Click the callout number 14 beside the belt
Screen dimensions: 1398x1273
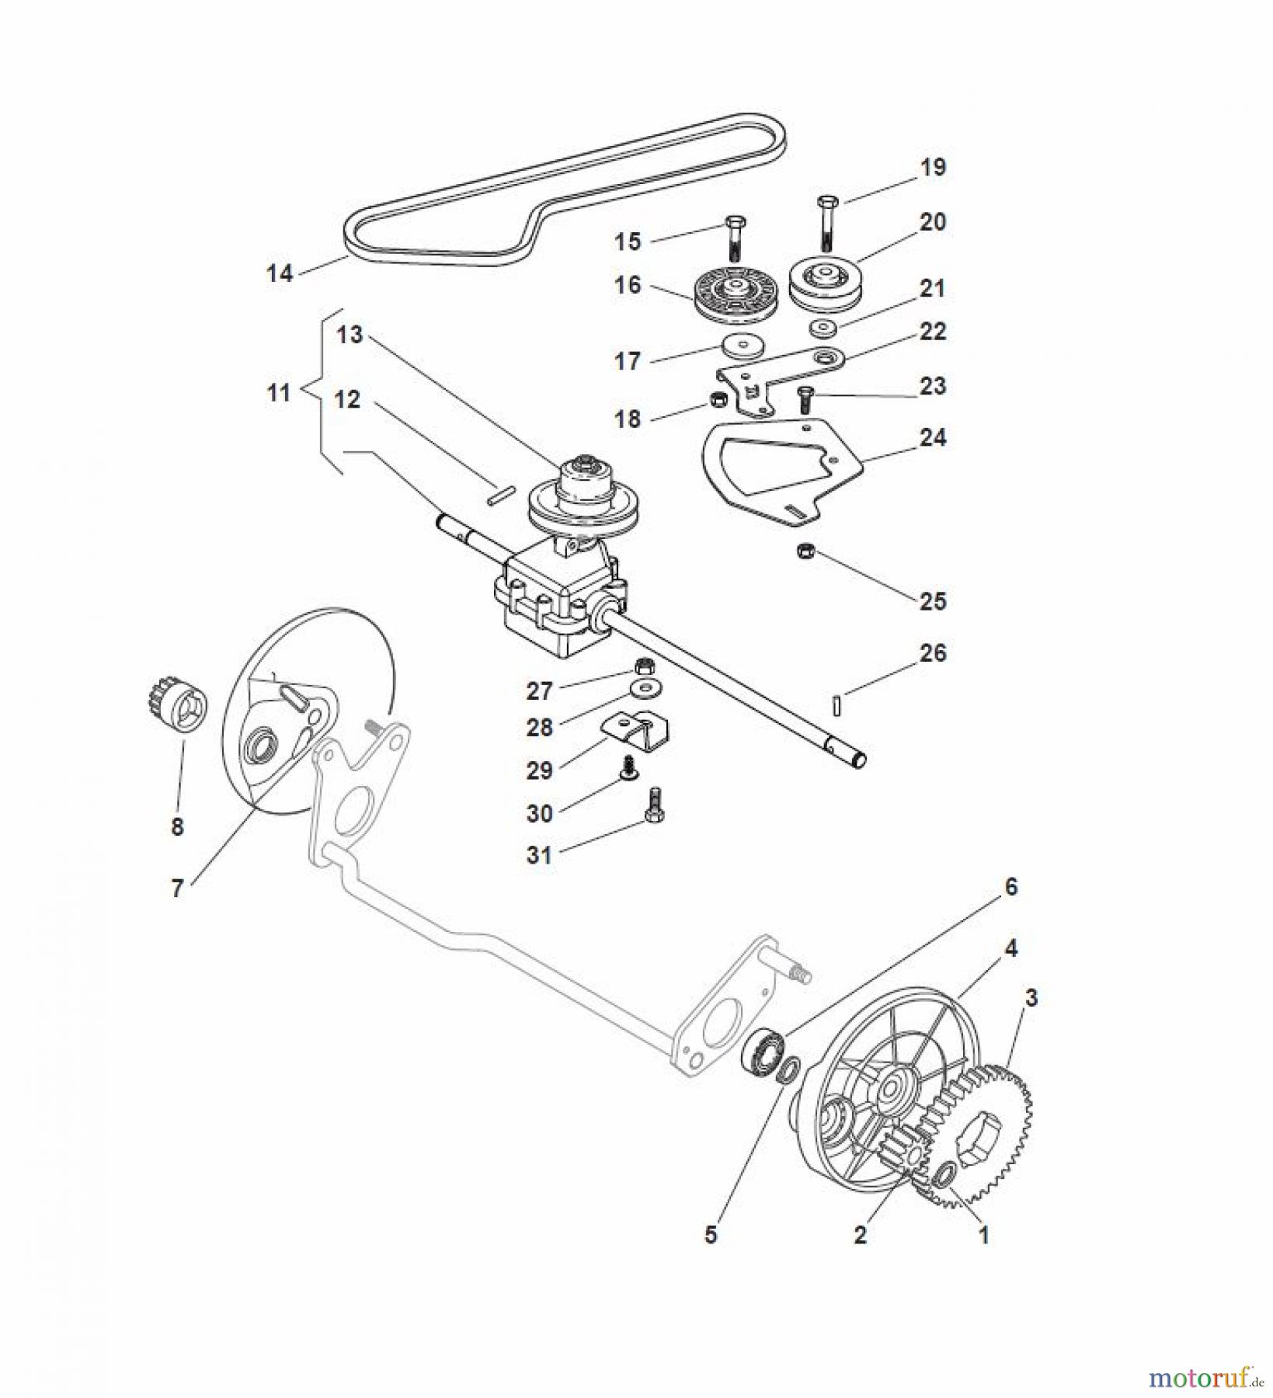280,273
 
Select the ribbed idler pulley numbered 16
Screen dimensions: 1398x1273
729,298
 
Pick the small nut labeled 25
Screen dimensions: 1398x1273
806,552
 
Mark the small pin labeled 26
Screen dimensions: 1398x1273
836,704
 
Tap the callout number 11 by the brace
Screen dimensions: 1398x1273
279,393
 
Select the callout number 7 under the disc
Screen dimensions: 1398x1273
178,889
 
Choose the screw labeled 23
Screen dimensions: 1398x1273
804,401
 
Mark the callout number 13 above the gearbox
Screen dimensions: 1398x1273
350,335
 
